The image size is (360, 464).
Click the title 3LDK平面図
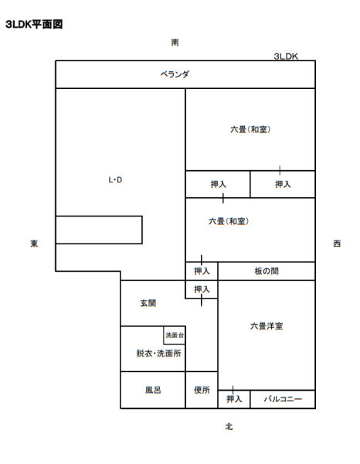[x=34, y=24]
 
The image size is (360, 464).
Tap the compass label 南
[x=175, y=43]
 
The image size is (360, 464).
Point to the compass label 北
[x=229, y=426]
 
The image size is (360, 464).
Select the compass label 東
[x=34, y=244]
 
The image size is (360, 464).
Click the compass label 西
[x=337, y=244]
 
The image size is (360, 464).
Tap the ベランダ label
[x=175, y=74]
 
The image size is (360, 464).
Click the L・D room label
[x=115, y=179]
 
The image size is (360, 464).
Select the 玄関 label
[x=148, y=303]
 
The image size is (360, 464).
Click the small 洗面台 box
[x=175, y=336]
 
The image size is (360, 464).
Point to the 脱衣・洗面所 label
[x=158, y=353]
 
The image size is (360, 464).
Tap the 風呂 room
[x=153, y=390]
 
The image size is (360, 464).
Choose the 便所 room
[x=202, y=390]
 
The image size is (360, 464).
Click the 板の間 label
[x=267, y=271]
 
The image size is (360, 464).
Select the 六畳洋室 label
[x=267, y=326]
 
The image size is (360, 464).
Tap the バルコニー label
[x=283, y=399]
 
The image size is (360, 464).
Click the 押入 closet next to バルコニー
[x=234, y=399]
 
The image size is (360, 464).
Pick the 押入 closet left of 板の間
[x=202, y=271]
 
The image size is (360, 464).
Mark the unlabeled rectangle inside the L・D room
[x=99, y=230]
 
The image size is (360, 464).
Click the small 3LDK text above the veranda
[x=286, y=56]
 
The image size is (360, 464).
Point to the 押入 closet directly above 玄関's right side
[x=202, y=289]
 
